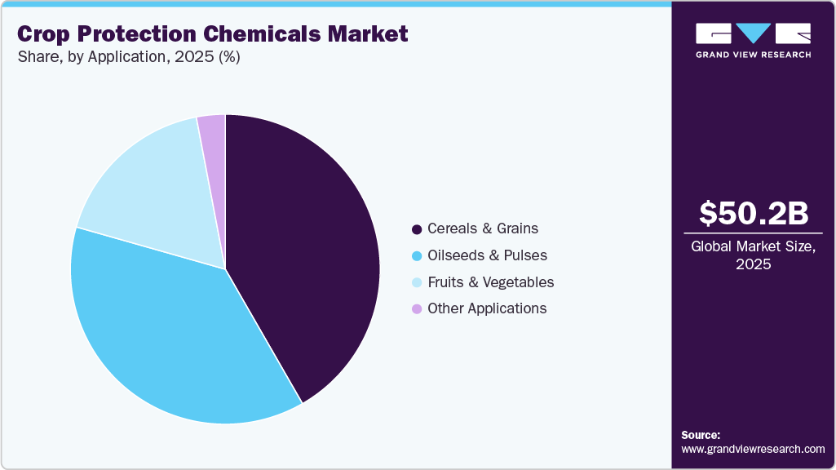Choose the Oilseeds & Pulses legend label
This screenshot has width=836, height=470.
coord(487,255)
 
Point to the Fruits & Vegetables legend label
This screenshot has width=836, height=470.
coord(490,282)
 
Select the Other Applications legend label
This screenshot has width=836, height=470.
coord(487,308)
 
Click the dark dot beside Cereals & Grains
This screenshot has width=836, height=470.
coord(418,229)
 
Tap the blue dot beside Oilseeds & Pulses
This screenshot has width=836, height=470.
coord(418,256)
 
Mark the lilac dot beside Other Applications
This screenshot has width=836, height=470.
coord(418,309)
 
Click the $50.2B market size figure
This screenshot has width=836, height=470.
coord(754,213)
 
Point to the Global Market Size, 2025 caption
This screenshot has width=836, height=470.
coord(754,255)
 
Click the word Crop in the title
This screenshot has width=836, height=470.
coord(45,34)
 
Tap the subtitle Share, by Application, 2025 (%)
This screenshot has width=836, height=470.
coord(128,58)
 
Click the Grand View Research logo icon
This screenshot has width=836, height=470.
coord(754,33)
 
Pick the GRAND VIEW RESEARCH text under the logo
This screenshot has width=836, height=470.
coord(754,55)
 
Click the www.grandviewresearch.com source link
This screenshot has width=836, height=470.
coord(753,449)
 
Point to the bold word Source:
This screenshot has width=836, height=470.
coord(701,435)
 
